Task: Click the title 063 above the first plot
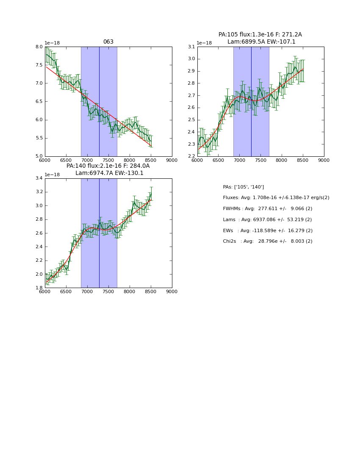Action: [108, 42]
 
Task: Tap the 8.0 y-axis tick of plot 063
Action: [39, 47]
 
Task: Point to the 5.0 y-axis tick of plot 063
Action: [39, 156]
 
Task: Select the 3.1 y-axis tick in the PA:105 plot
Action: [191, 47]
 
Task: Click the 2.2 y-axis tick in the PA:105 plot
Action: [191, 156]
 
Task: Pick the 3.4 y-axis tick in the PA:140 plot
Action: [39, 178]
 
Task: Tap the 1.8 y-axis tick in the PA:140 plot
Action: [39, 288]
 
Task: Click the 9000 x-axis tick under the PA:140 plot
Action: [172, 292]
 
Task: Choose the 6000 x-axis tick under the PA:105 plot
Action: [197, 160]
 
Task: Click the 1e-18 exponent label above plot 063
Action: [52, 43]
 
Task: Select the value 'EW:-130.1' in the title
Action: [129, 173]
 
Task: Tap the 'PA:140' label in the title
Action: [76, 166]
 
